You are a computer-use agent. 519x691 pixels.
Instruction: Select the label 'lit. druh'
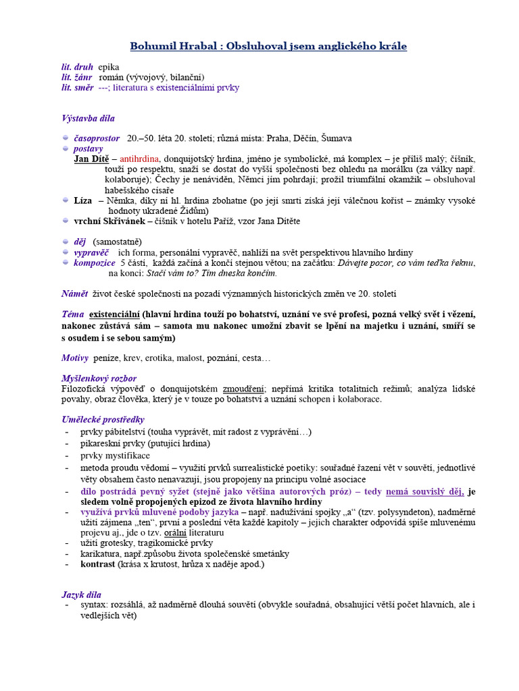[x=77, y=67]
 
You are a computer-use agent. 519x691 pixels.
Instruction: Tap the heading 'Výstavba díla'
[x=88, y=118]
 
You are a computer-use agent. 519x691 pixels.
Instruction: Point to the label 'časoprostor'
[x=97, y=138]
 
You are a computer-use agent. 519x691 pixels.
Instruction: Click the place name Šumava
[x=337, y=138]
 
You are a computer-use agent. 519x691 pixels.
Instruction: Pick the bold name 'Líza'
[x=82, y=200]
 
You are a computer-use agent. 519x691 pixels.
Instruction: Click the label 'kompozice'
[x=94, y=262]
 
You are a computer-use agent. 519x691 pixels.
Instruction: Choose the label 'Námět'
[x=74, y=294]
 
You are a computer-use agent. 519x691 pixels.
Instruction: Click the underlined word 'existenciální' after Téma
[x=114, y=314]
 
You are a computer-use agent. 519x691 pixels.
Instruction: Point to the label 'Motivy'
[x=75, y=357]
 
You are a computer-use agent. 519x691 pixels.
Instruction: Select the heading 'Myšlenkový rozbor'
[x=99, y=379]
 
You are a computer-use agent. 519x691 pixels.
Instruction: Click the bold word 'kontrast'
[x=98, y=564]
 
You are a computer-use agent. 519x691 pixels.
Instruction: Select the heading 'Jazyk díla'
[x=81, y=595]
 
